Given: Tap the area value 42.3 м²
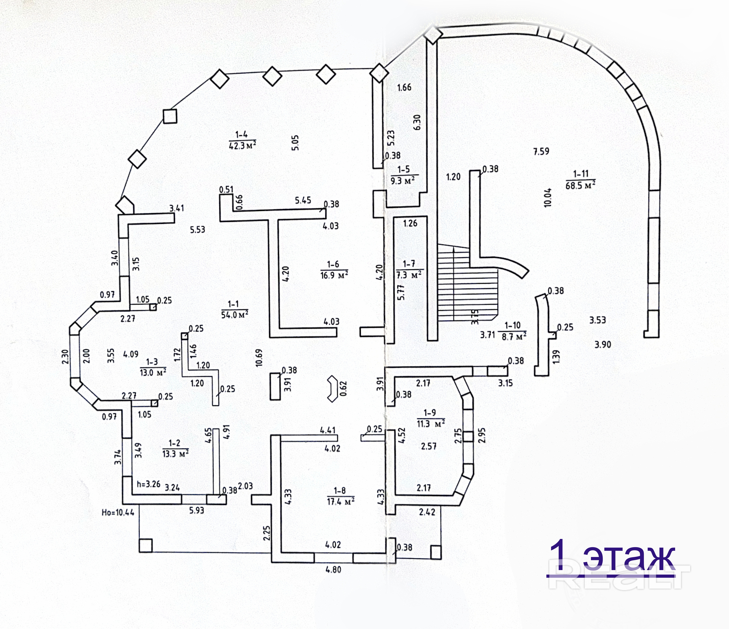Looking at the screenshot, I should [x=242, y=145].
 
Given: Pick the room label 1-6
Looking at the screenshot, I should [x=333, y=264].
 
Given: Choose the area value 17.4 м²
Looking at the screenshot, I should [x=341, y=501].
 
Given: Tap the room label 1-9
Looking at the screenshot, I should [x=430, y=412].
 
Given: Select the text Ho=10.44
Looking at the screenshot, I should [x=118, y=512].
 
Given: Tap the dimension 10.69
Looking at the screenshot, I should [x=259, y=358].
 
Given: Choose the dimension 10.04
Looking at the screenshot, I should [x=548, y=198].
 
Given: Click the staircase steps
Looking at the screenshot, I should [x=468, y=289].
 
